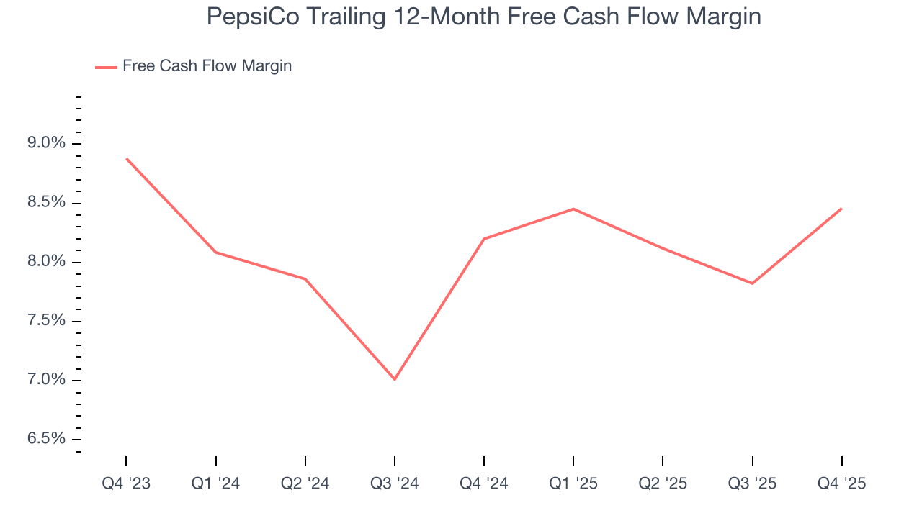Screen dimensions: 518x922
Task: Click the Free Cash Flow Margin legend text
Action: (x=207, y=66)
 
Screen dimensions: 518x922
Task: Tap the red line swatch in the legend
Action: (x=106, y=67)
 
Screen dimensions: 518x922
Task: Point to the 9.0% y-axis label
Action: (x=45, y=143)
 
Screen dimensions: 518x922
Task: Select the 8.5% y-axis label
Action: (x=45, y=202)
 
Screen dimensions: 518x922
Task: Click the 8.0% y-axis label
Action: (x=45, y=262)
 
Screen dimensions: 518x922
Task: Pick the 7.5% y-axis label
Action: (x=45, y=321)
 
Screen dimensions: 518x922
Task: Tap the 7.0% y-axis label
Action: (x=45, y=380)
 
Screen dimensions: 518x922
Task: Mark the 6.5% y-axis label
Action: (x=45, y=439)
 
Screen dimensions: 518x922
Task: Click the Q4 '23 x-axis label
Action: (x=126, y=483)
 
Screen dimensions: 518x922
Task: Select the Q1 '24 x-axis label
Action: (x=215, y=483)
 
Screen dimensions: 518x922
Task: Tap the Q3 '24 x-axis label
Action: (x=395, y=483)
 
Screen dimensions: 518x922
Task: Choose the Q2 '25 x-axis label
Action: (x=663, y=483)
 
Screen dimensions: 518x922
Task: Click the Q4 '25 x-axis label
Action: (x=841, y=483)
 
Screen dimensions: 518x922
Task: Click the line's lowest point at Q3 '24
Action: (x=395, y=379)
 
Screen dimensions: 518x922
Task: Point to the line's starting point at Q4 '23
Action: (x=127, y=158)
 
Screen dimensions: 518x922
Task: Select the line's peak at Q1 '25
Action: (x=573, y=209)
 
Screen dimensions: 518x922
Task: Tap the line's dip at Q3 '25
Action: (x=752, y=283)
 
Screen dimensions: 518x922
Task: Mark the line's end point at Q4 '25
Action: (x=841, y=209)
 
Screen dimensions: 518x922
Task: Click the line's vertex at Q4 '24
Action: (x=484, y=238)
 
